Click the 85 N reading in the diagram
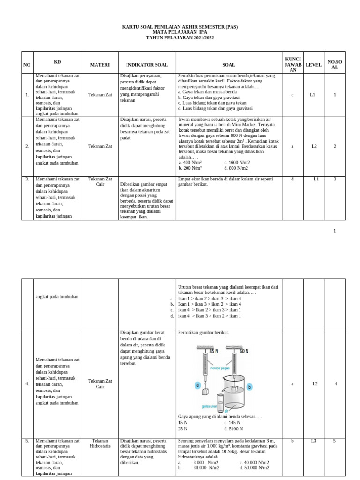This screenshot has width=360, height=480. (x=214, y=351)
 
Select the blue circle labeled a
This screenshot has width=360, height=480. (x=198, y=385)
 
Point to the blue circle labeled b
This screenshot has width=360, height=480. (x=250, y=387)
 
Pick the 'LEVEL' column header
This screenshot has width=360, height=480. (x=314, y=65)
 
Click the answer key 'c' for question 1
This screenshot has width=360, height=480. (x=292, y=95)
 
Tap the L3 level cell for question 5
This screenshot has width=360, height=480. (x=314, y=441)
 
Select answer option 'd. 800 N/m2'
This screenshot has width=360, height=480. (x=236, y=168)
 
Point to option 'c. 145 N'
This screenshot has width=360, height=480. (x=232, y=422)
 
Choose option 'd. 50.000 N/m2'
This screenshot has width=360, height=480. (x=254, y=467)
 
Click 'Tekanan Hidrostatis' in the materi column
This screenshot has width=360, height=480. (x=100, y=443)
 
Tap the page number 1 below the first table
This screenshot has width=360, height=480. (x=335, y=231)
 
